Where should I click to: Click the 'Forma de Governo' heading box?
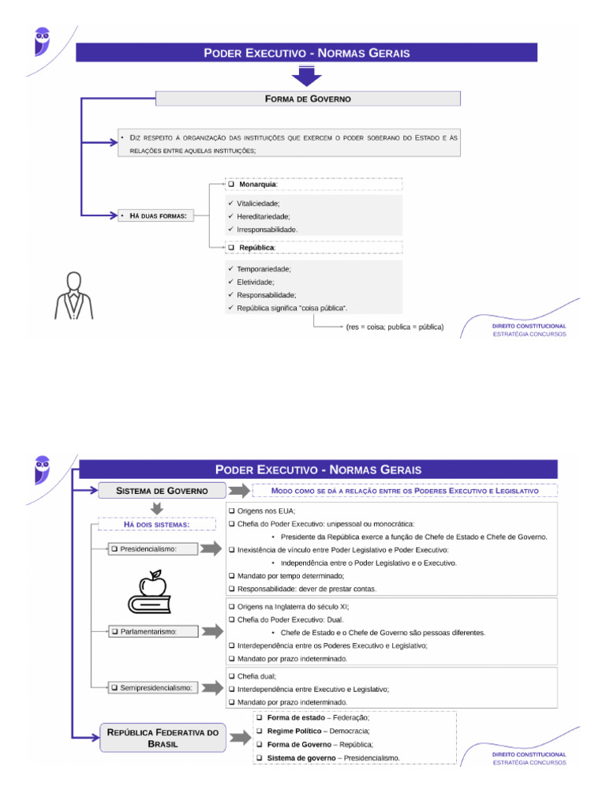[x=308, y=99]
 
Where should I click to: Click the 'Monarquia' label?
[x=257, y=184]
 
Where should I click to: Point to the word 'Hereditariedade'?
[x=263, y=216]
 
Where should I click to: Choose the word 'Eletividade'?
[x=255, y=282]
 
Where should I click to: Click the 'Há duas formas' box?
[x=152, y=215]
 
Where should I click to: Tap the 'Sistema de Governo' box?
[x=162, y=491]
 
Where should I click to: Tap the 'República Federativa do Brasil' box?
[x=163, y=739]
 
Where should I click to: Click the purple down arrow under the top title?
[x=307, y=76]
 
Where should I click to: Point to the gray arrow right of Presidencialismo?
[x=211, y=548]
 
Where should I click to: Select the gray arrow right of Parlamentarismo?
[x=211, y=631]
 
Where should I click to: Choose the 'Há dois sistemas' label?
[x=157, y=524]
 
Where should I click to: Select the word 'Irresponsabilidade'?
[x=267, y=229]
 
